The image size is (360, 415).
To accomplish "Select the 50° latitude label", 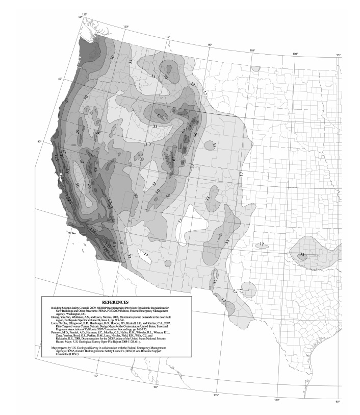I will coord(80,17).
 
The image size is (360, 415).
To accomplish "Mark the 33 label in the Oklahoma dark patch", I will coord(302,254).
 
